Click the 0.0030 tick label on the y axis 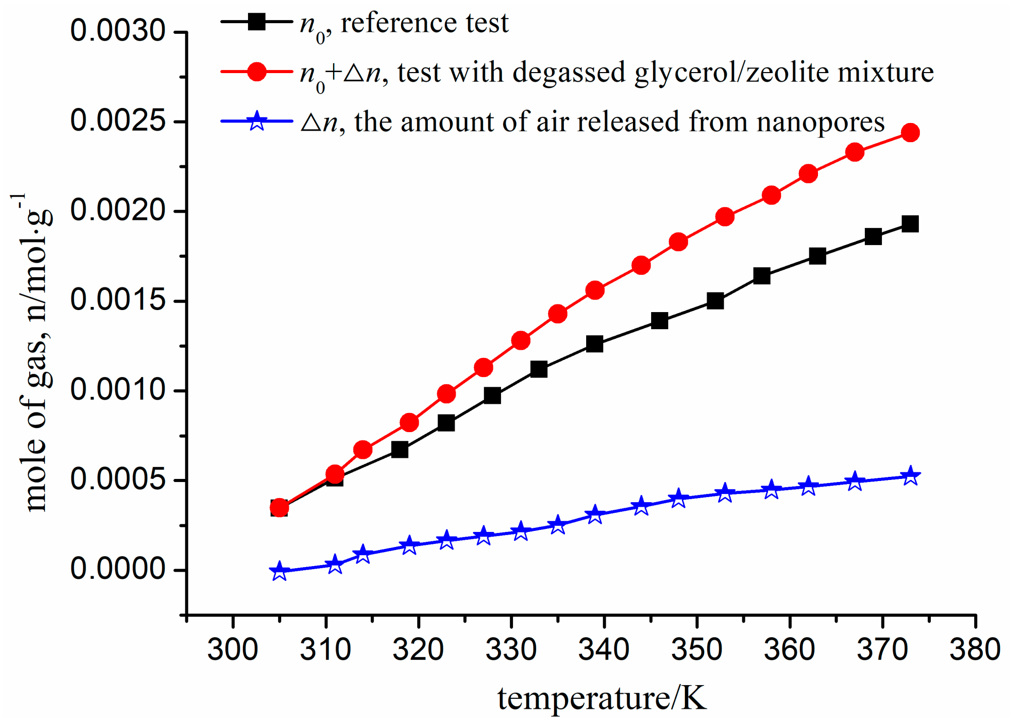point(118,31)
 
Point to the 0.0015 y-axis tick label point(118,300)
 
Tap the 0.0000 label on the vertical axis point(118,569)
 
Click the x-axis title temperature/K point(602,699)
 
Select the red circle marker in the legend point(257,72)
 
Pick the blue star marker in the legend point(257,121)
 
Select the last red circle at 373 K point(910,133)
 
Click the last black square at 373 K point(910,224)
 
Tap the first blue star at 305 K point(279,572)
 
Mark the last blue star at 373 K point(910,475)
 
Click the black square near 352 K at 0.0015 point(715,301)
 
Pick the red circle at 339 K point(595,290)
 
